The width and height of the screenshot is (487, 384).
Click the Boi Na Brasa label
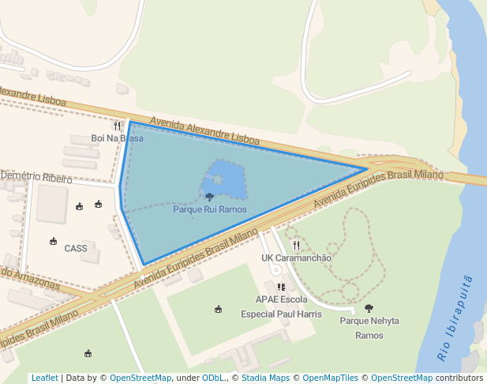click(117, 138)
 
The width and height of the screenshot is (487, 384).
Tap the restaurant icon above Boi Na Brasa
click(118, 126)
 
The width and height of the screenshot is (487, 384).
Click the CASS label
click(76, 248)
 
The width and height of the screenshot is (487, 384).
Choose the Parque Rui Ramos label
click(209, 210)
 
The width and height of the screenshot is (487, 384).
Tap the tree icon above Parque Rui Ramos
click(209, 197)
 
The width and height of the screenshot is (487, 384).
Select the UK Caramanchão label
click(296, 258)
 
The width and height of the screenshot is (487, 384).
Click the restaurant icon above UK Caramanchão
click(296, 245)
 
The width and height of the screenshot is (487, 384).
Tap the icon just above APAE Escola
click(281, 287)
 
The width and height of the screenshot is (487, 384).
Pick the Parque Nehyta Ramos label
click(369, 328)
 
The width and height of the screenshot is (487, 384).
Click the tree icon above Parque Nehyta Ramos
click(369, 309)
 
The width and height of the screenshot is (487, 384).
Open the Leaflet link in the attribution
click(44, 378)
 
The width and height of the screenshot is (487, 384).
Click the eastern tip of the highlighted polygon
click(366, 168)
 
